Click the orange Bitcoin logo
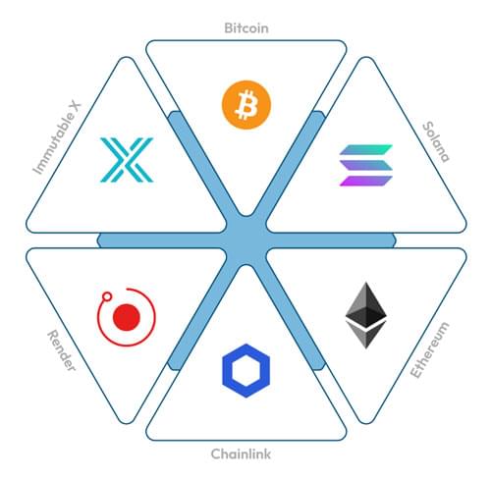click(x=246, y=105)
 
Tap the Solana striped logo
click(x=366, y=165)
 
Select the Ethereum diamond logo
click(x=366, y=315)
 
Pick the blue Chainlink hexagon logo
click(x=245, y=371)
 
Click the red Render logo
click(x=127, y=317)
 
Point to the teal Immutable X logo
click(x=127, y=160)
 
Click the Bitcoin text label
click(x=246, y=28)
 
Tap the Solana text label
click(x=436, y=141)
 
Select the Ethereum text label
click(x=430, y=350)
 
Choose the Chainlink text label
click(x=241, y=454)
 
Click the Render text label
click(x=62, y=350)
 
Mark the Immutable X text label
click(x=57, y=137)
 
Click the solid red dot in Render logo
click(x=127, y=317)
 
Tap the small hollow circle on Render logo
click(x=107, y=296)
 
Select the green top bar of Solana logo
click(x=366, y=149)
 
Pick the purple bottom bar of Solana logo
click(x=366, y=181)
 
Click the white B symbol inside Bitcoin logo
click(x=246, y=105)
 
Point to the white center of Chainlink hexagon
click(x=245, y=371)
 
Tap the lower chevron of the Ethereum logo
click(x=366, y=335)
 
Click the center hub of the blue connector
click(x=246, y=240)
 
